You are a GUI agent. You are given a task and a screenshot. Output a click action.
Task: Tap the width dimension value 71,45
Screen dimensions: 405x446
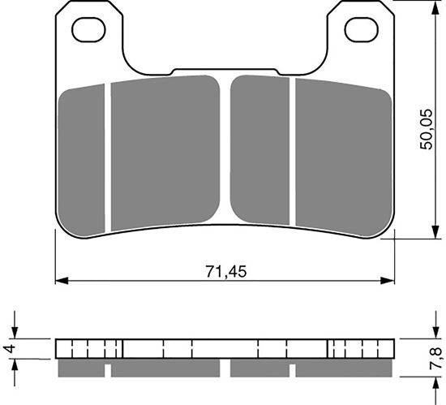225,270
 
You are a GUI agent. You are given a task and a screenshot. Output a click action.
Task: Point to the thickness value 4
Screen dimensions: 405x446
9,349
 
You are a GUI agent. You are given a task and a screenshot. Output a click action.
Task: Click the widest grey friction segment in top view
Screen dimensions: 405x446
165,152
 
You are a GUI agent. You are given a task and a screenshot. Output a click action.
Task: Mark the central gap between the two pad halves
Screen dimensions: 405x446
226,146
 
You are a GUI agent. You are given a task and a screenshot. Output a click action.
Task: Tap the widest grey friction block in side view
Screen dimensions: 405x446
165,368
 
